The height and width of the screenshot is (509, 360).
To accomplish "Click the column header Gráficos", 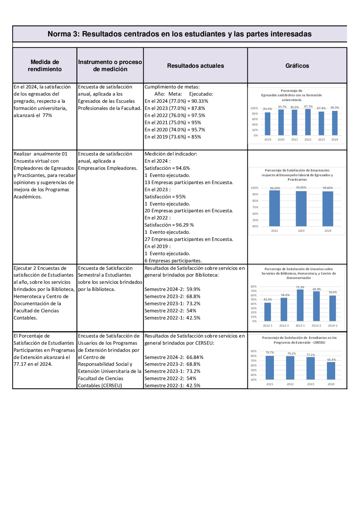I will click(x=297, y=66).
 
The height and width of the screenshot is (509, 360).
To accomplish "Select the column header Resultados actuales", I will click(x=195, y=66).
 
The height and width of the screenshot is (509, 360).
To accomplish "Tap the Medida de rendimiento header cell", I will click(x=45, y=66).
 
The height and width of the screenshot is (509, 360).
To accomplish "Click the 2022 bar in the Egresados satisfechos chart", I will click(x=308, y=122).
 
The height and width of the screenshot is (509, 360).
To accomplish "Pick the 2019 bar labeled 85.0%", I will click(x=268, y=124).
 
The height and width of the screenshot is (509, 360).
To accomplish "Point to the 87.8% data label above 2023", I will click(x=321, y=108).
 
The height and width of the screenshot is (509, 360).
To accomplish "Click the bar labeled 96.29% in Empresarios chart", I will click(x=275, y=208).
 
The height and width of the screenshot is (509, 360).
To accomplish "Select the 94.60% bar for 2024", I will click(x=328, y=209).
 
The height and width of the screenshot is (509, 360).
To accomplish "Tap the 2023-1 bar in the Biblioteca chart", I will click(x=300, y=305).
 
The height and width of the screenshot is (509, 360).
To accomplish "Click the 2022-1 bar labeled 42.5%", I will click(x=268, y=312).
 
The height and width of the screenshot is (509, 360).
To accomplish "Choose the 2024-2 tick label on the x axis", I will click(x=332, y=326).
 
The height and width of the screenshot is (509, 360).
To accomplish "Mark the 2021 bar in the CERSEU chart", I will click(x=270, y=368).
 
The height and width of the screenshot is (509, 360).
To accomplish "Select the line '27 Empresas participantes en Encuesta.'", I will click(x=189, y=239).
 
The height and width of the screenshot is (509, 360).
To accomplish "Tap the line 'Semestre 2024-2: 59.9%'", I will click(x=172, y=289).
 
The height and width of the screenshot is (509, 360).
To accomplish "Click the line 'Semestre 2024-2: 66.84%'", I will click(x=174, y=357).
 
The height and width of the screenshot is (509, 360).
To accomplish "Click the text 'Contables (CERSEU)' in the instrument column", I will click(x=100, y=385).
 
